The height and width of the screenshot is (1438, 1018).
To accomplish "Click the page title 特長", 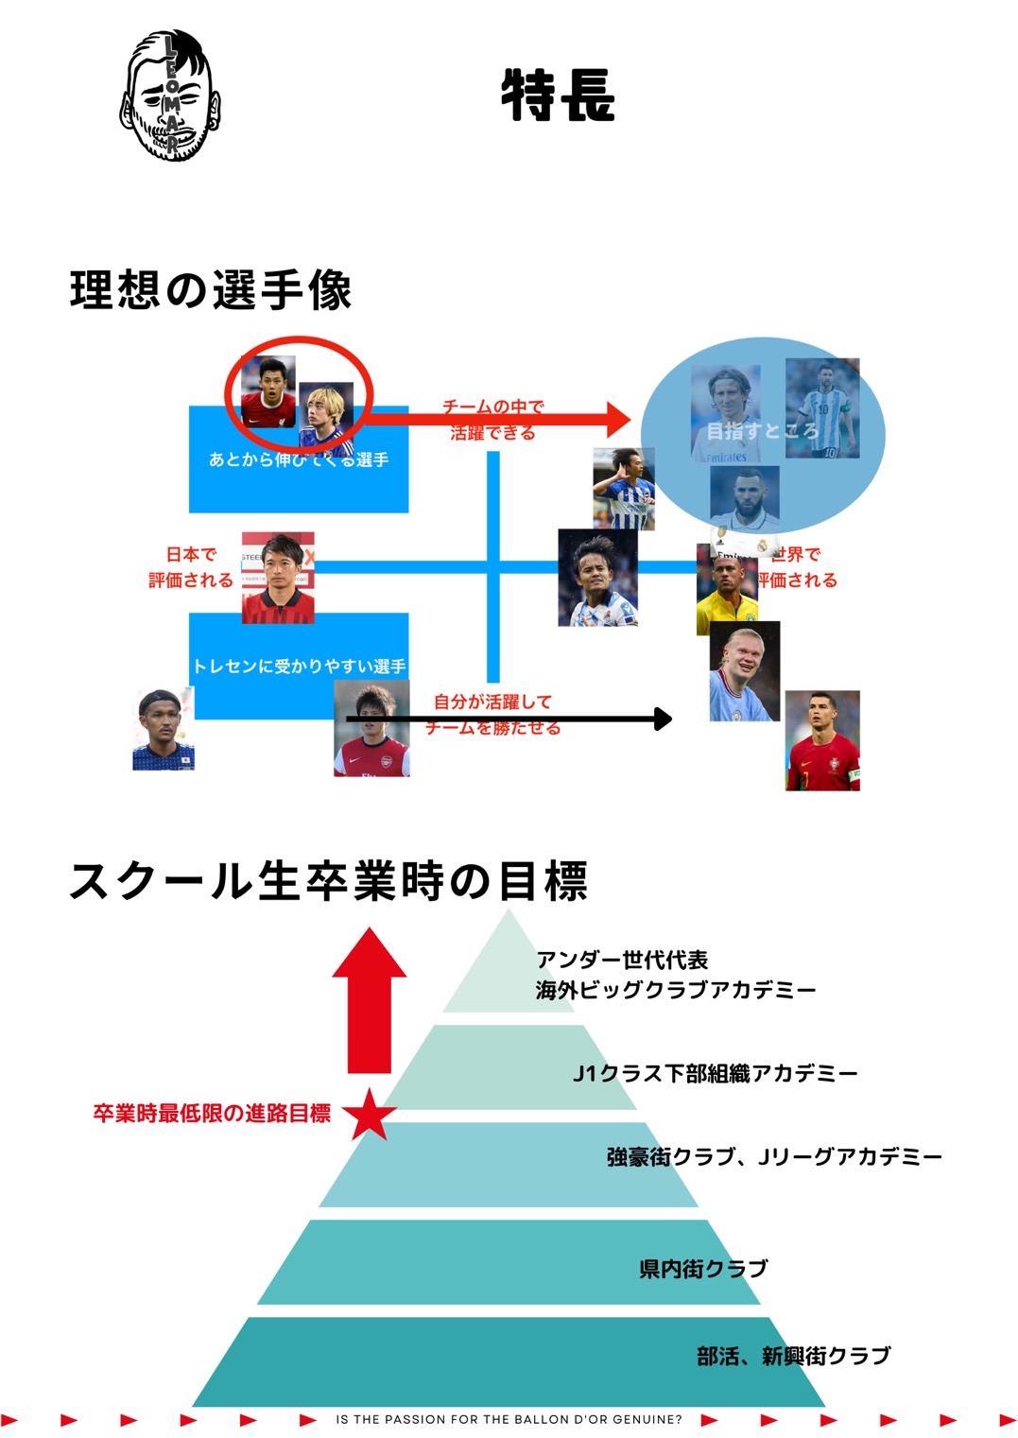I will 558,95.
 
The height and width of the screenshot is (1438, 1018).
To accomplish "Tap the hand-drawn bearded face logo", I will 170,95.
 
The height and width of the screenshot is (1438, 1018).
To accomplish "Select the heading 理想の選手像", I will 211,289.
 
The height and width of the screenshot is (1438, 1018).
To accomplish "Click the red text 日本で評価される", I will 190,567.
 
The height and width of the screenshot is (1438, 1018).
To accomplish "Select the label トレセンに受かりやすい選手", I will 299,667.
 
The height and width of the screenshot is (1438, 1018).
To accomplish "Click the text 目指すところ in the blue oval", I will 762,431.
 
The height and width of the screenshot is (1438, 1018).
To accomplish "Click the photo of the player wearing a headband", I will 164,730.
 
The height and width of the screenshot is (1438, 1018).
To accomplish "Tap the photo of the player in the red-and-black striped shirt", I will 278,579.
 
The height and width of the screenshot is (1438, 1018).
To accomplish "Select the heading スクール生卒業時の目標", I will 328,880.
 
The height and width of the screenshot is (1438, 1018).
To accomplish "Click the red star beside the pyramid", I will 369,1114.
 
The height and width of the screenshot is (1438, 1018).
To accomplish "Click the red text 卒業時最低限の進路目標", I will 212,1114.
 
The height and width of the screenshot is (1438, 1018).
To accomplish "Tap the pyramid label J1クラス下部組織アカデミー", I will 715,1073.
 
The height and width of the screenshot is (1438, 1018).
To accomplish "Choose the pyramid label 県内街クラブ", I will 703,1269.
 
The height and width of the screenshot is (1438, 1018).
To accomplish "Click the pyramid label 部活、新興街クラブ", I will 793,1356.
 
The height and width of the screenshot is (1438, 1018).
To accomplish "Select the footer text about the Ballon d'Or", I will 509,1419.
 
